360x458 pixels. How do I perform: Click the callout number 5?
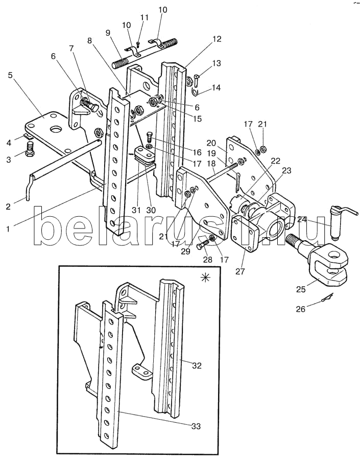[11, 75]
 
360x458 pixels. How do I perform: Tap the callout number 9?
[108, 32]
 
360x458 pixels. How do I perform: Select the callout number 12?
[217, 39]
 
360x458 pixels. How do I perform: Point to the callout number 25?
[301, 289]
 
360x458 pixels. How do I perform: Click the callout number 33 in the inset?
[196, 426]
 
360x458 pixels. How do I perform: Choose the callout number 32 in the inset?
[197, 365]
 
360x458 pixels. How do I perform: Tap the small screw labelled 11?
[138, 44]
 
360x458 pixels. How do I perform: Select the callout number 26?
[300, 309]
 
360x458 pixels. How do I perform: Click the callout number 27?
[240, 271]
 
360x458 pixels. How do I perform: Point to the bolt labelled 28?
[203, 245]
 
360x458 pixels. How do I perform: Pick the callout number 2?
[8, 207]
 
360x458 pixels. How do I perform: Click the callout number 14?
[216, 88]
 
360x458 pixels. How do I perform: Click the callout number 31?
[136, 210]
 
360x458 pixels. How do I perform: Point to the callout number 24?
[302, 219]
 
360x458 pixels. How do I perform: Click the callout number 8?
[89, 40]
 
